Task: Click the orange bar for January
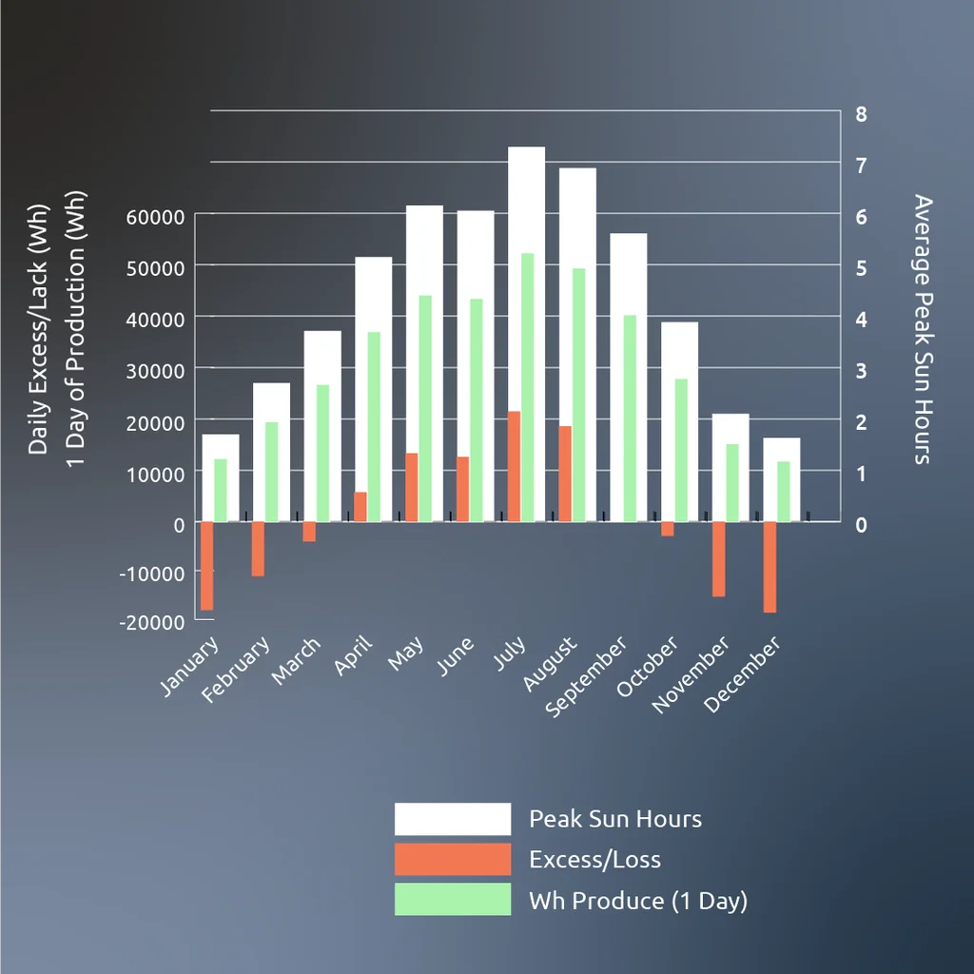206,565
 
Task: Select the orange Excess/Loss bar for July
514,466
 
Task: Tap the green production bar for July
528,387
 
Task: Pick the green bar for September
630,419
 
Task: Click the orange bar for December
769,567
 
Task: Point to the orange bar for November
719,558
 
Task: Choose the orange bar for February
258,549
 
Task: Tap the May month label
406,653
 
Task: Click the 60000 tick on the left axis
155,217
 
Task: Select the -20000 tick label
151,621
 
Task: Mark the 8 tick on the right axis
862,114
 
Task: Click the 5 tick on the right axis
862,267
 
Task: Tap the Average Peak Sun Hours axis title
923,329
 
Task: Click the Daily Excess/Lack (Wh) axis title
38,329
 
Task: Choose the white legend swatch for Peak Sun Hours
453,819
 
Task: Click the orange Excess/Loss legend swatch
453,859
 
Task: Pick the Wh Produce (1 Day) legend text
637,900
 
